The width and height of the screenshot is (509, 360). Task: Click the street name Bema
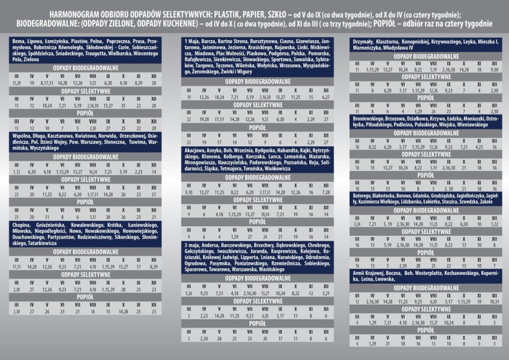(18, 40)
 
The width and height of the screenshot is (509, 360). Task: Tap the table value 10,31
(494, 301)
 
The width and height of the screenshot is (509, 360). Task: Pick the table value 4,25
(478, 147)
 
